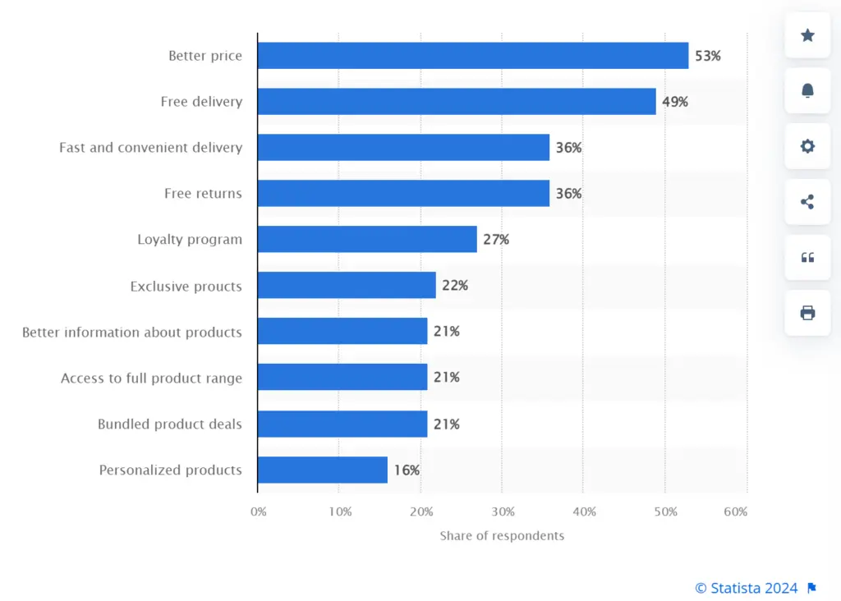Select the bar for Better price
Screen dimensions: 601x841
[x=472, y=56]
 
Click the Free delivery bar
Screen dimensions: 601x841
[x=456, y=102]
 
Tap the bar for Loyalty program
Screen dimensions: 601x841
[x=366, y=240]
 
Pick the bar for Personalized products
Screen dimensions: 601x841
[x=322, y=470]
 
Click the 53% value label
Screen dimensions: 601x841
[x=707, y=56]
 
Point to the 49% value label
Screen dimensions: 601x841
[x=675, y=102]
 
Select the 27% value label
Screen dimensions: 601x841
[x=496, y=240]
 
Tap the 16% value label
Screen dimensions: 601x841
[x=407, y=470]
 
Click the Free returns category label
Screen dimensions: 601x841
[x=203, y=194]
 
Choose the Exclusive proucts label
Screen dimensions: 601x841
[x=186, y=287]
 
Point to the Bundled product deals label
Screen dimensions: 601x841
[x=170, y=424]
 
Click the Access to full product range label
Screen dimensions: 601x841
[x=151, y=378]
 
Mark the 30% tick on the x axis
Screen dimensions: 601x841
[x=503, y=512]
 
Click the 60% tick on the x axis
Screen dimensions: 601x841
[x=736, y=512]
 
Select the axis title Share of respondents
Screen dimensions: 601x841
[x=502, y=536]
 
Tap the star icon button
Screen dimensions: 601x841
[x=807, y=35]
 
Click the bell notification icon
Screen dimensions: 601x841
[x=807, y=91]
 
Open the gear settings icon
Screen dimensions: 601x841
[x=807, y=146]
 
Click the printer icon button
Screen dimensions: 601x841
[x=807, y=313]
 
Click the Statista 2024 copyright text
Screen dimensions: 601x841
[x=747, y=588]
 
